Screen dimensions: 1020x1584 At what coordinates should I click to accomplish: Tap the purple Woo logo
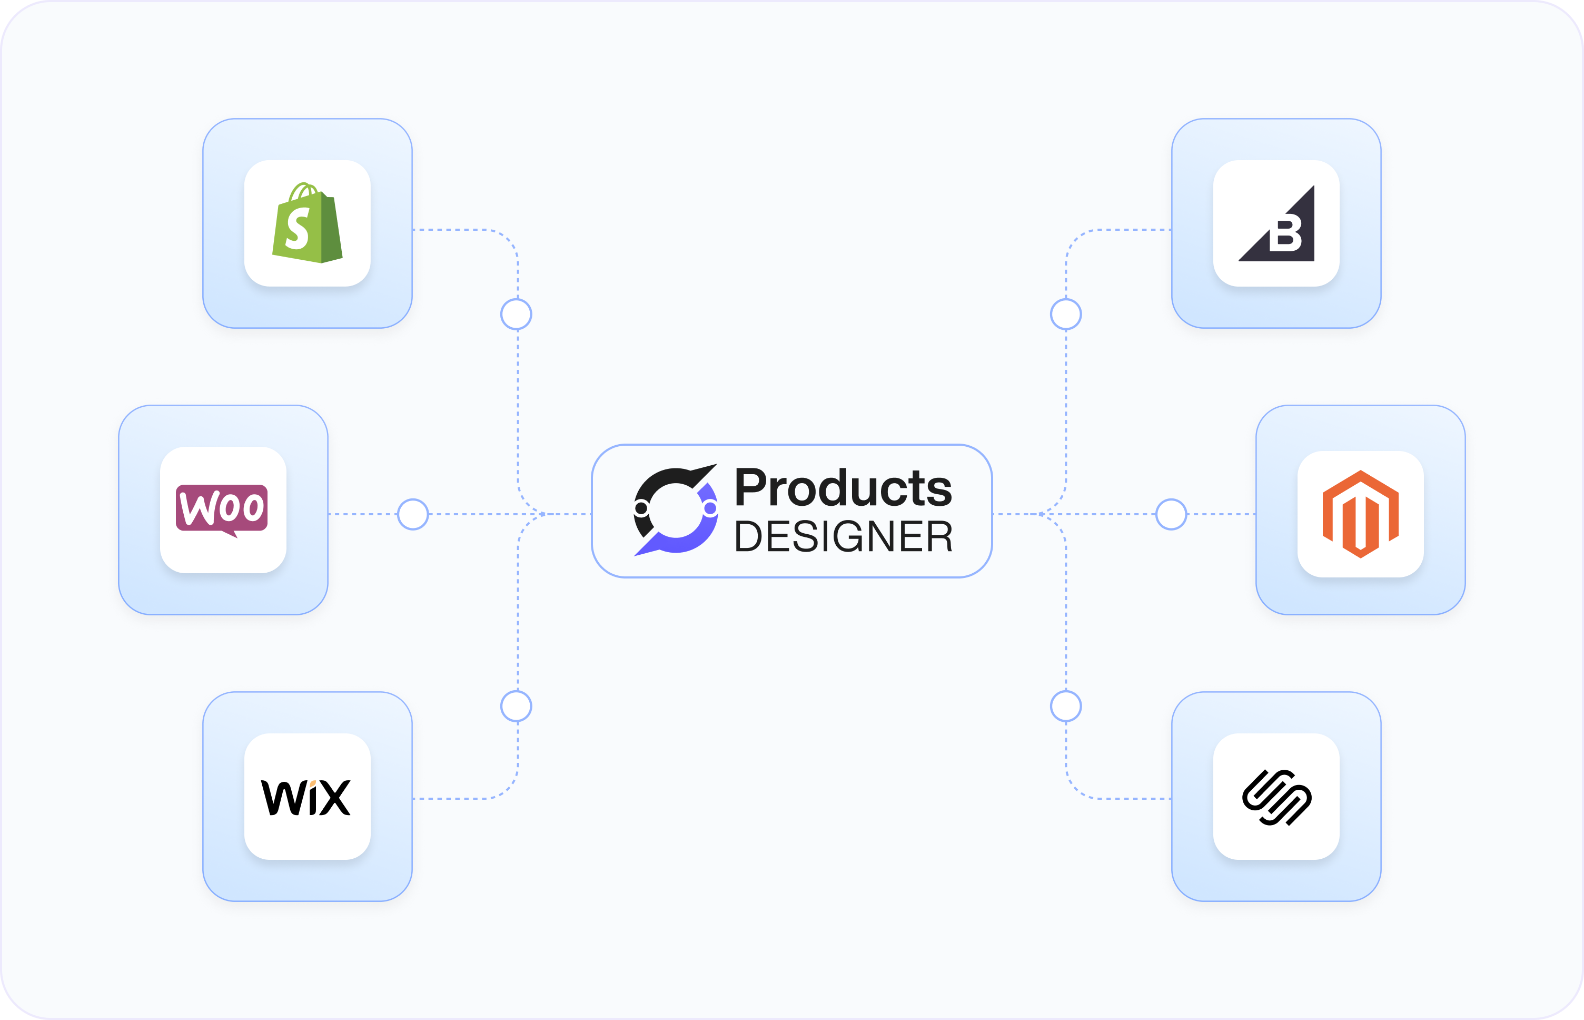(222, 508)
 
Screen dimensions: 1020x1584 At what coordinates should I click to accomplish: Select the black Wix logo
(306, 798)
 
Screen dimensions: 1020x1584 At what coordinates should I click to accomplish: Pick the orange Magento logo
(1360, 514)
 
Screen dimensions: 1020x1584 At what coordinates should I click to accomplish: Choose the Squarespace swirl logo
(1276, 798)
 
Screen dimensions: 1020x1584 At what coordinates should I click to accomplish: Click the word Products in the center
(843, 488)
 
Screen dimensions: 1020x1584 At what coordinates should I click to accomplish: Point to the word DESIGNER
(843, 536)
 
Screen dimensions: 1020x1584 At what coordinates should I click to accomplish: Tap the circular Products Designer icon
(675, 510)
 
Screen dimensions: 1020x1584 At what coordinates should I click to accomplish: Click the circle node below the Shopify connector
(516, 314)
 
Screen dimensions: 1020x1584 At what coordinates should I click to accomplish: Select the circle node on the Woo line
(413, 514)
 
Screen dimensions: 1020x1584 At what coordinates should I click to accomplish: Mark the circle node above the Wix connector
(516, 706)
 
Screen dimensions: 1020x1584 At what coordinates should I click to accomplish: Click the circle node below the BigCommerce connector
(1066, 314)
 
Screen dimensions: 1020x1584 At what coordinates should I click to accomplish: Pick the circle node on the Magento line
(1171, 514)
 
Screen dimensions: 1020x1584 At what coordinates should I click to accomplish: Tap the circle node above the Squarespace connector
(1066, 706)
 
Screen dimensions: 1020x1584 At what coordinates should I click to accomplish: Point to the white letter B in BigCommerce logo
(1285, 234)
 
